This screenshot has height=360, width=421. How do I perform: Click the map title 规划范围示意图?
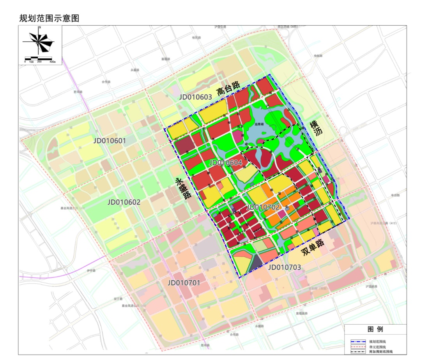pyautogui.click(x=49, y=18)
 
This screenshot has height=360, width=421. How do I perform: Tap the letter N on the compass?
pyautogui.click(x=39, y=28)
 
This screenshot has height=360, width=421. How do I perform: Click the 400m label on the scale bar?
pyautogui.click(x=53, y=62)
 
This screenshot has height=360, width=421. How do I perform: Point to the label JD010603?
pyautogui.click(x=196, y=97)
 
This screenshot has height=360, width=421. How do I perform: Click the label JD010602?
pyautogui.click(x=124, y=202)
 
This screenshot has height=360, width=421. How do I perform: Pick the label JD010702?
pyautogui.click(x=263, y=207)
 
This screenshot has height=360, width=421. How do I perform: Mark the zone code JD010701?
pyautogui.click(x=184, y=282)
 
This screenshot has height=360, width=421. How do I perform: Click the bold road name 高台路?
pyautogui.click(x=228, y=90)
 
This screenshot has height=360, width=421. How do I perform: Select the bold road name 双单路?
pyautogui.click(x=313, y=247)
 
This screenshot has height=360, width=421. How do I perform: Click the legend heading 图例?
pyautogui.click(x=375, y=329)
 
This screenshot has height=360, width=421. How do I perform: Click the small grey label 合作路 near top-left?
pyautogui.click(x=106, y=82)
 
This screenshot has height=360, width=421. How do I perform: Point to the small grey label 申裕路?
pyautogui.click(x=318, y=56)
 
